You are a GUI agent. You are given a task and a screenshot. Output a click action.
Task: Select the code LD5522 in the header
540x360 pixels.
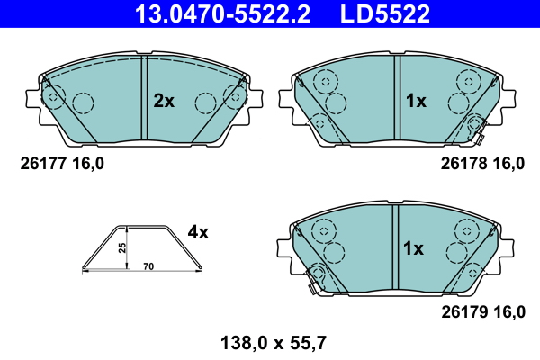click(x=386, y=13)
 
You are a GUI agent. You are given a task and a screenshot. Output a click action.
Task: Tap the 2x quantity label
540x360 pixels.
click(x=163, y=102)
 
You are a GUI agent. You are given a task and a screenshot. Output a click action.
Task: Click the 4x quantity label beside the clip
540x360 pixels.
click(x=198, y=233)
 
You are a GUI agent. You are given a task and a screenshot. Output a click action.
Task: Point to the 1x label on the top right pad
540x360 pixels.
click(x=415, y=102)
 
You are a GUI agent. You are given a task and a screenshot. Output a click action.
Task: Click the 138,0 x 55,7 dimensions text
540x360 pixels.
click(x=271, y=342)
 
